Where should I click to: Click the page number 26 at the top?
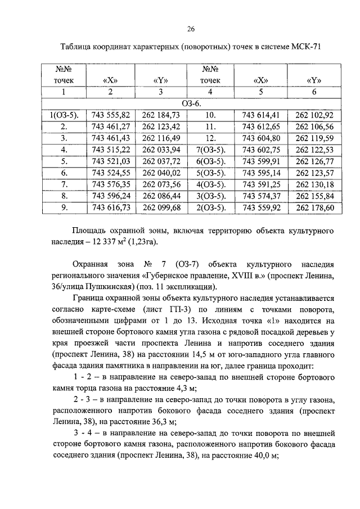(191, 29)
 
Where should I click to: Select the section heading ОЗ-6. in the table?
(191, 104)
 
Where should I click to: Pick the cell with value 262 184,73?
(161, 115)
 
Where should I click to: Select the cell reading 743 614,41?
(260, 115)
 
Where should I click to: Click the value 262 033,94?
(161, 149)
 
